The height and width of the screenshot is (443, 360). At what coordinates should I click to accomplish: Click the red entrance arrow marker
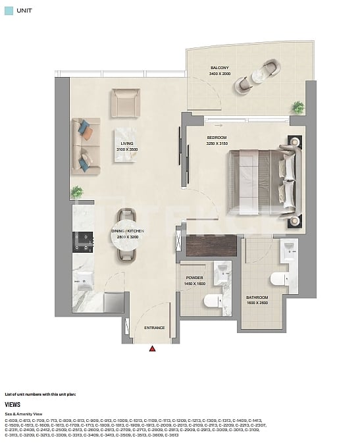152,348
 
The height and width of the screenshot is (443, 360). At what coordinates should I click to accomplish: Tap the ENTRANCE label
154,328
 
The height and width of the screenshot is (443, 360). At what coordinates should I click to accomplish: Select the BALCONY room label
219,68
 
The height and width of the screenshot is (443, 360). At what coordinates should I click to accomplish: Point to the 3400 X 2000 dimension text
219,74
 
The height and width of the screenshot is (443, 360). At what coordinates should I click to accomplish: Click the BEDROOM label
216,138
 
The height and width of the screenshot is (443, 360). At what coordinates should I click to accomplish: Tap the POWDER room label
194,278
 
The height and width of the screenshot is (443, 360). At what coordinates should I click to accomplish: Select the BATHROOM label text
257,297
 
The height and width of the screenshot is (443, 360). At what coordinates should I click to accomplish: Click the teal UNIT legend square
9,11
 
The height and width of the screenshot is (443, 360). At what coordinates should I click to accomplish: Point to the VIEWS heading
13,405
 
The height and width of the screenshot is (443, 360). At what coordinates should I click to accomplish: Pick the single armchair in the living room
124,103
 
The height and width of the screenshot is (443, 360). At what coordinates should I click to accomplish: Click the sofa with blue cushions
86,145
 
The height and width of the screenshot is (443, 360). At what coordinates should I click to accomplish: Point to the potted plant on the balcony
298,107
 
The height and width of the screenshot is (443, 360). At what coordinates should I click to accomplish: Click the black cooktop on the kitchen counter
84,243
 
